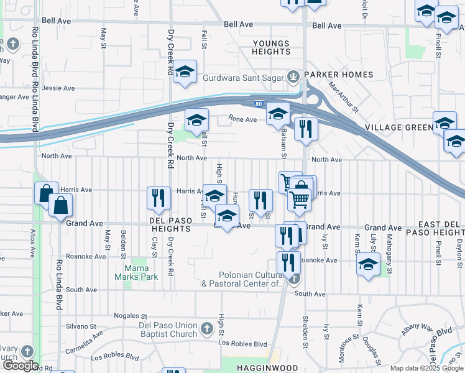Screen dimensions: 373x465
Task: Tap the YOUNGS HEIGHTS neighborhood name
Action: [271, 47]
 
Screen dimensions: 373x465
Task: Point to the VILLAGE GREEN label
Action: [397, 127]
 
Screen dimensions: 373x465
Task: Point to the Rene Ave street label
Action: [242, 119]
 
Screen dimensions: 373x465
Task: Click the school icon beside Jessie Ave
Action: [185, 72]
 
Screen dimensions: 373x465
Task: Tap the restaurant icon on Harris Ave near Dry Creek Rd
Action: [158, 198]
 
